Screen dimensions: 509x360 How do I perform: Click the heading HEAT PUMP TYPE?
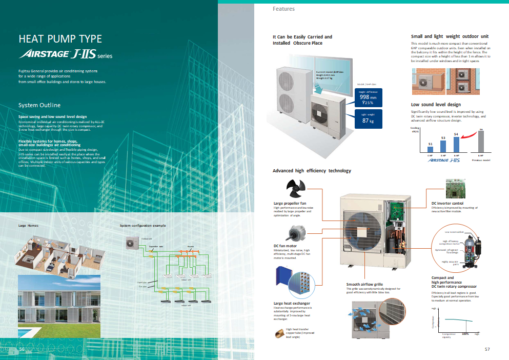tap(60, 39)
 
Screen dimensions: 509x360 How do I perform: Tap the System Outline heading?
tap(39, 105)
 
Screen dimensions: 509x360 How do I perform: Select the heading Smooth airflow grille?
tap(364, 284)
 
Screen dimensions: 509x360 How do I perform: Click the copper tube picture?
tap(282, 333)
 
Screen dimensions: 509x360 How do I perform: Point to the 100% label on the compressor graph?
tap(465, 334)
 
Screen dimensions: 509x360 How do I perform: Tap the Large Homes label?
tap(29, 225)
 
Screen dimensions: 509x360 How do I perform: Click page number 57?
tap(487, 349)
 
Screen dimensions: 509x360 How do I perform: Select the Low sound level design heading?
tap(436, 105)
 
